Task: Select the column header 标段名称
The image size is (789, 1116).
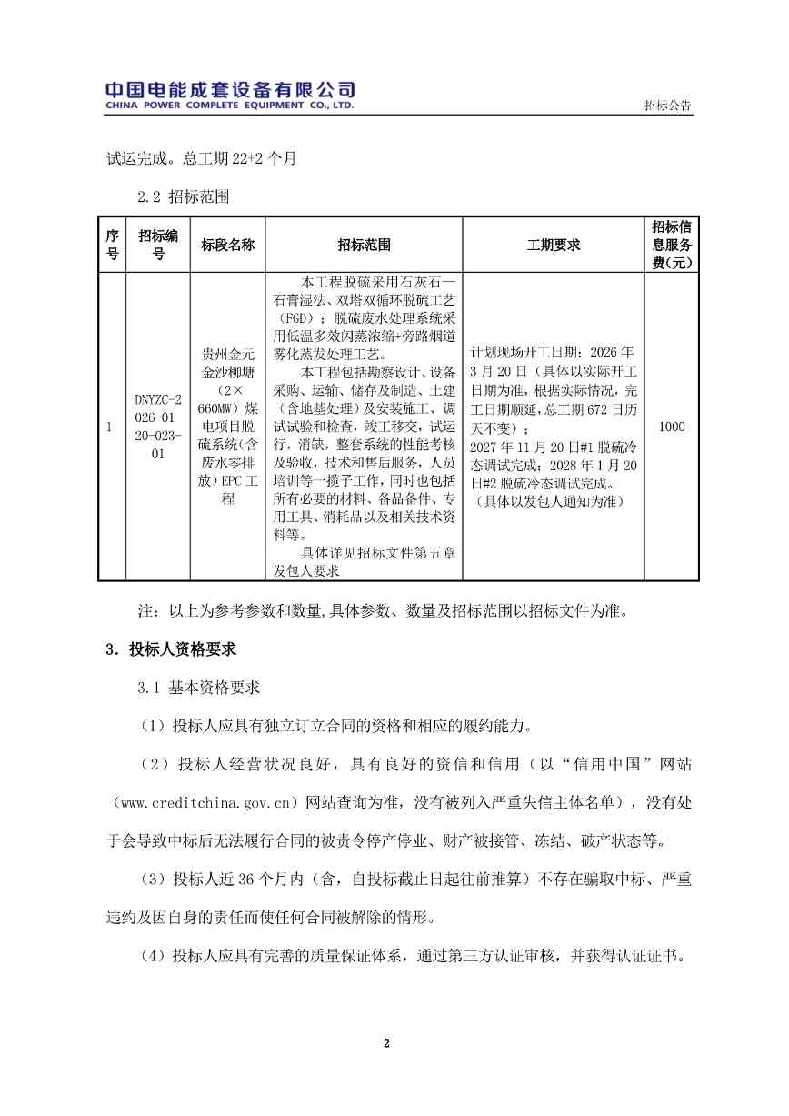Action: pyautogui.click(x=227, y=246)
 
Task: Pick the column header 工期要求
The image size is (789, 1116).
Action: pyautogui.click(x=553, y=246)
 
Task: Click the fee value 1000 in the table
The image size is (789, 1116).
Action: pyautogui.click(x=672, y=427)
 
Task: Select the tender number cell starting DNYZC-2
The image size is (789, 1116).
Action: pyautogui.click(x=158, y=426)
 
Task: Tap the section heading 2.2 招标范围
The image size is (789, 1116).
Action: pyautogui.click(x=183, y=196)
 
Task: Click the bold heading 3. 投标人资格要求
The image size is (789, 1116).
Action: pyautogui.click(x=172, y=649)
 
